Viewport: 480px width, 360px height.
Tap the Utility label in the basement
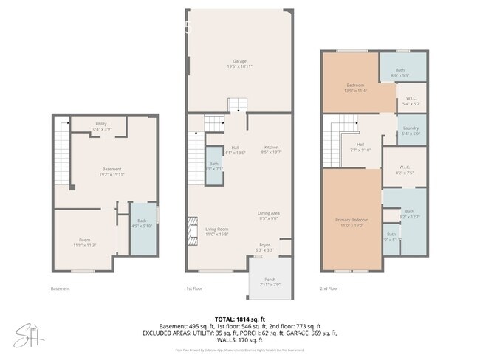coord(103,126)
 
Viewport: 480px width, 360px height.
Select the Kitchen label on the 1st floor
coord(272,149)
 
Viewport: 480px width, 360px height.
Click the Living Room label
coord(216,231)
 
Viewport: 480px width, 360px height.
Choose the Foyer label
coord(264,246)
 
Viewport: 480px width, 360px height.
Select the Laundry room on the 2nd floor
coord(411,131)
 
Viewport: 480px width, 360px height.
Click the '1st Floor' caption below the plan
coord(195,288)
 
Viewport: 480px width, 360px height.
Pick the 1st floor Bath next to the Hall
coord(213,165)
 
